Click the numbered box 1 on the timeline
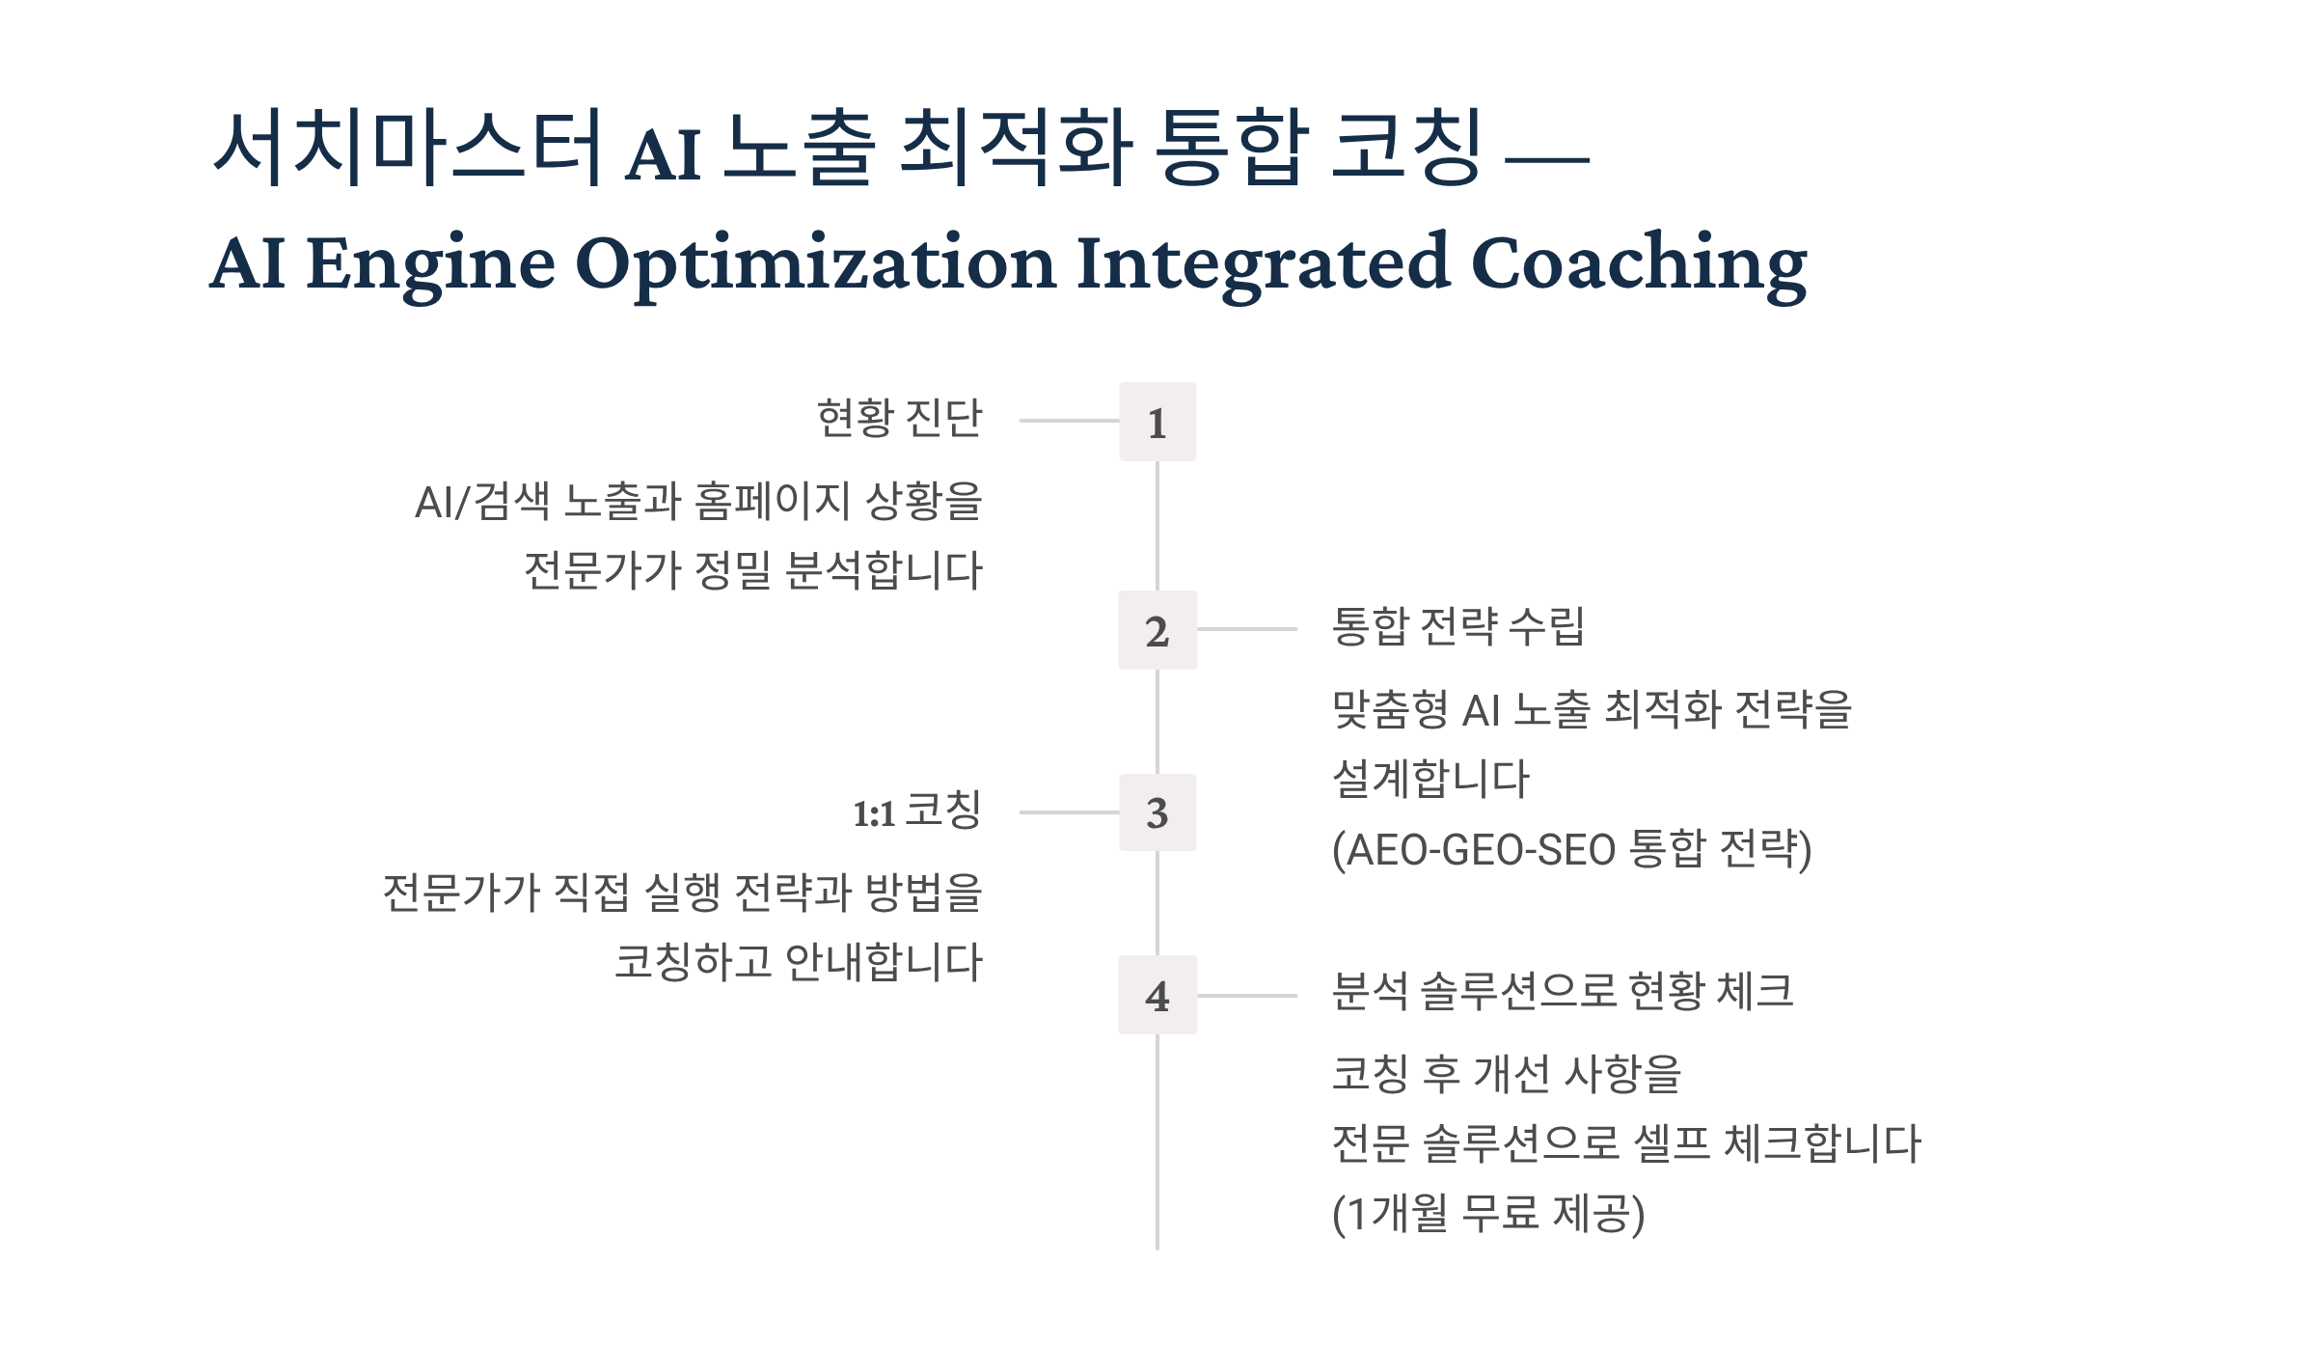1157,422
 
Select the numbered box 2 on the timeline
1157,630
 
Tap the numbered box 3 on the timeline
1157,812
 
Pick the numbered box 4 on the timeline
1157,995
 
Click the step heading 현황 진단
899,418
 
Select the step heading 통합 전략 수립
1457,626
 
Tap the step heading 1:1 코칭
917,811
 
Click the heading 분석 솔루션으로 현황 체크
1563,991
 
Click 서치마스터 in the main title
409,148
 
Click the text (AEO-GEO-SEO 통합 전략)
1571,849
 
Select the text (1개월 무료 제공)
1488,1213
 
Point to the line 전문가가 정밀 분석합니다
753,570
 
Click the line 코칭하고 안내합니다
799,962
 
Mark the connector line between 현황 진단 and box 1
1069,421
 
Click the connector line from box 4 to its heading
1247,995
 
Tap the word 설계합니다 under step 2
1430,779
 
